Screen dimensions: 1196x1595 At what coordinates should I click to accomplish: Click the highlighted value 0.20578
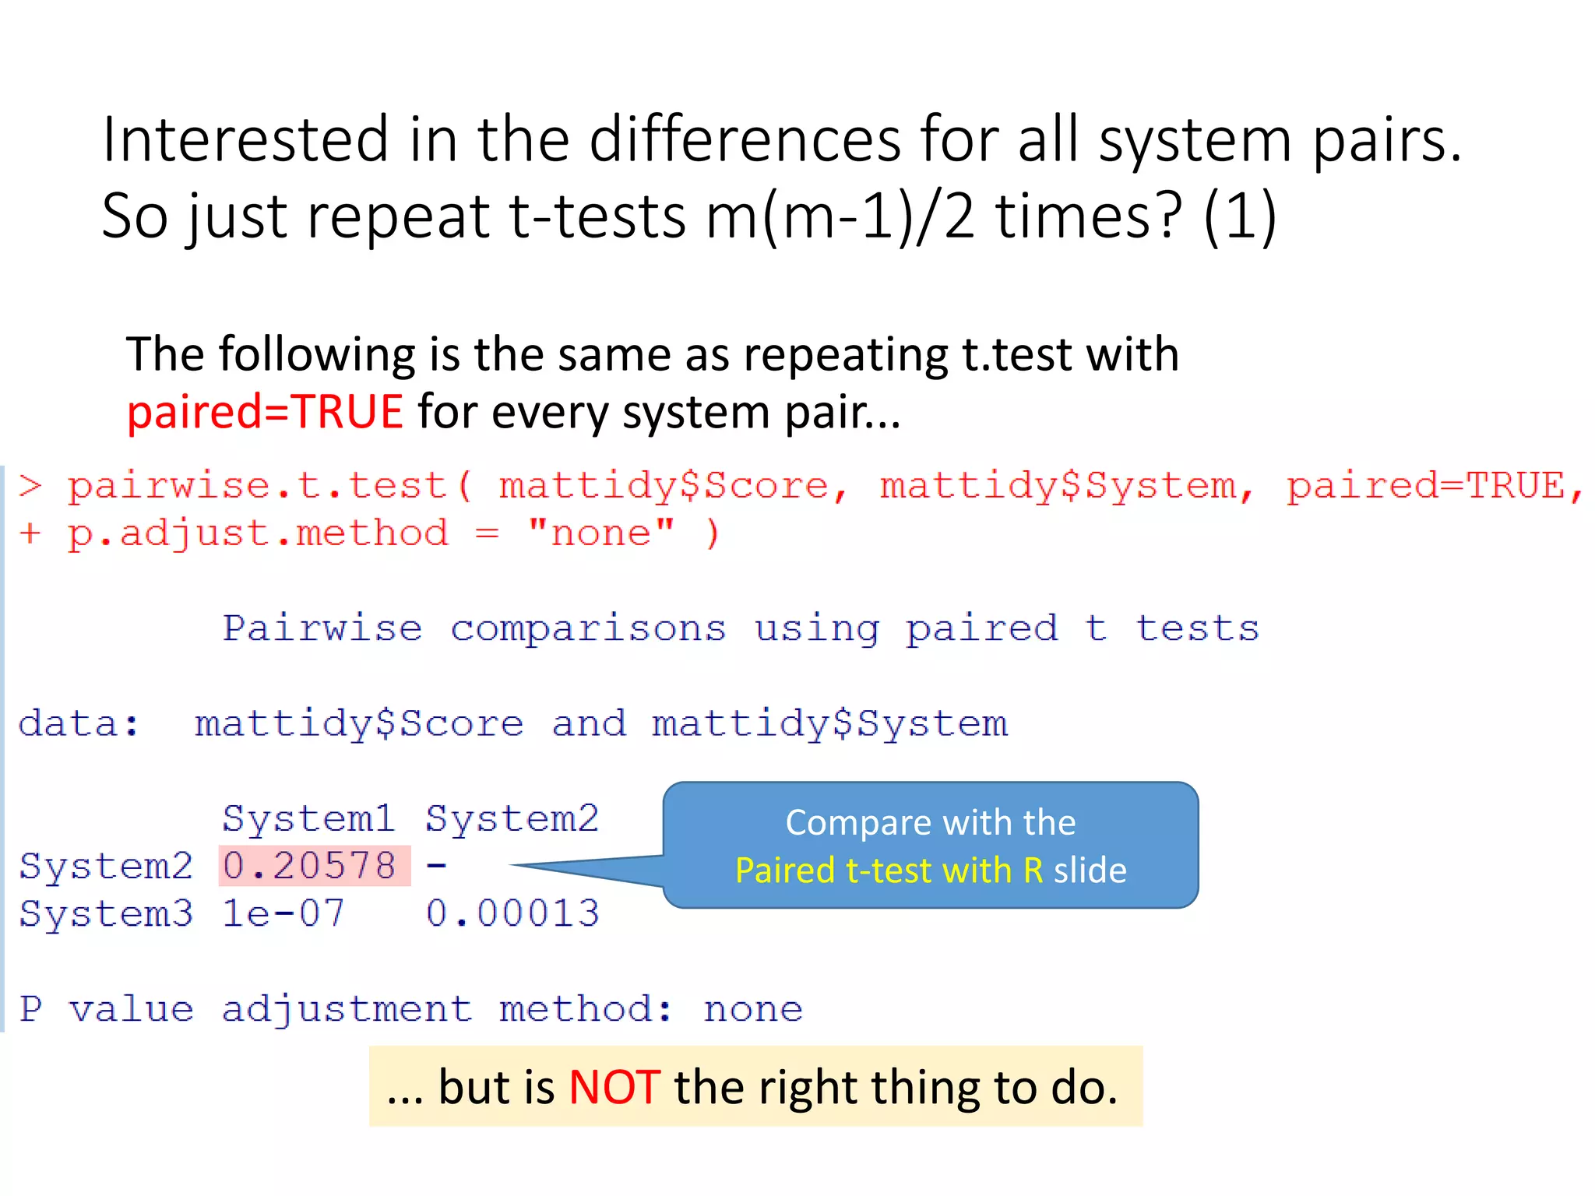click(x=310, y=866)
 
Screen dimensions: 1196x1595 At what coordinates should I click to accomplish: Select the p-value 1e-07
click(x=283, y=913)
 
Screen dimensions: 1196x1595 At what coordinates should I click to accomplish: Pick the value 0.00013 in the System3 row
click(x=512, y=913)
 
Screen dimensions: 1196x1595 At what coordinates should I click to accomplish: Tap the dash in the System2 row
click(x=437, y=866)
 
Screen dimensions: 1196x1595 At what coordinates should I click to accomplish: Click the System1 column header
click(x=309, y=818)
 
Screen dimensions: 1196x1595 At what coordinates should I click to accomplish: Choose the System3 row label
click(x=106, y=913)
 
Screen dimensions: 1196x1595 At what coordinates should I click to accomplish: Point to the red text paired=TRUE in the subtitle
click(x=265, y=412)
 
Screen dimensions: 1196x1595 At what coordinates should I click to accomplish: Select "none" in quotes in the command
click(x=600, y=534)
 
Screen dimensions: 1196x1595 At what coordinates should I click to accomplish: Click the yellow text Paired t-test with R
click(x=889, y=871)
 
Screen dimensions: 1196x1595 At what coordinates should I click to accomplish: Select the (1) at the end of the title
click(x=1240, y=216)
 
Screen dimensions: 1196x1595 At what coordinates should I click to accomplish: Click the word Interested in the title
click(x=245, y=140)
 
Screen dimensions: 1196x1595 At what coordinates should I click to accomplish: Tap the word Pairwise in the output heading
click(x=322, y=628)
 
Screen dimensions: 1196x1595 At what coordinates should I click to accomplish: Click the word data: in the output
click(x=79, y=724)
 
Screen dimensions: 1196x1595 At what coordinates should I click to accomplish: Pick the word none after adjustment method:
click(x=753, y=1010)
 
